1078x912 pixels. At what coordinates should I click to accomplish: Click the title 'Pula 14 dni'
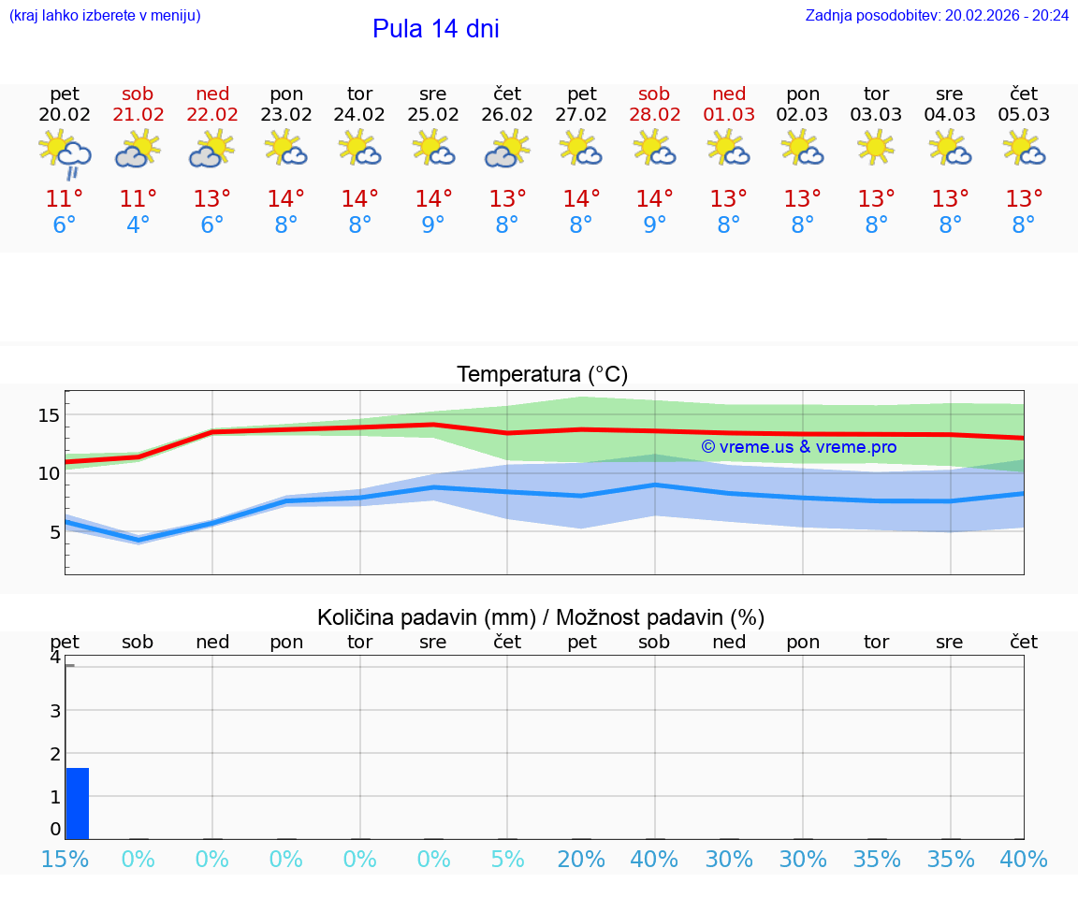point(435,29)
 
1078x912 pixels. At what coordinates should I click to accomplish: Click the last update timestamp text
point(937,16)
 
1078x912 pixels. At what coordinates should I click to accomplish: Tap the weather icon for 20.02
point(65,153)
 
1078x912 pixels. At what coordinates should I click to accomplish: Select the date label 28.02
point(654,115)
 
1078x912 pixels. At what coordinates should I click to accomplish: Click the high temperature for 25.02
point(433,199)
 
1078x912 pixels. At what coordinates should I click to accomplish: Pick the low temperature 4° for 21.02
point(138,225)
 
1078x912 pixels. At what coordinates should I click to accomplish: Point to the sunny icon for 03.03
point(876,148)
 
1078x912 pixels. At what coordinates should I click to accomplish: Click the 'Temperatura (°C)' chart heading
point(542,375)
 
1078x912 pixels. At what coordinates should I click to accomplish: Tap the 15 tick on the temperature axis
point(49,414)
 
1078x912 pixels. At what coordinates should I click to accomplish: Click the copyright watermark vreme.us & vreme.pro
point(798,447)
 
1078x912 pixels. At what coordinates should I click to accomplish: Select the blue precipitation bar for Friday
point(78,803)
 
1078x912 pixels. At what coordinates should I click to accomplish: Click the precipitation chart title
point(541,617)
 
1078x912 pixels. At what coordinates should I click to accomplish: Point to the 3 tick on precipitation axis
point(55,711)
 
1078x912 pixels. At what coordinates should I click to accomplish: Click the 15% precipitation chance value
point(65,860)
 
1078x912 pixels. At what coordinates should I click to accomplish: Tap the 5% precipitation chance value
point(507,860)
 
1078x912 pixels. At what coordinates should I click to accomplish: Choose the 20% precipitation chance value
point(581,860)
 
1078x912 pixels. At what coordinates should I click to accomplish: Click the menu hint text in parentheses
point(104,16)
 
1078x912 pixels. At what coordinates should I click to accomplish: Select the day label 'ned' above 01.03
point(729,94)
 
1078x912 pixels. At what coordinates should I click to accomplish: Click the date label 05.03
point(1024,115)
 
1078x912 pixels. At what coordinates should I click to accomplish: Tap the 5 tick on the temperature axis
point(54,532)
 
